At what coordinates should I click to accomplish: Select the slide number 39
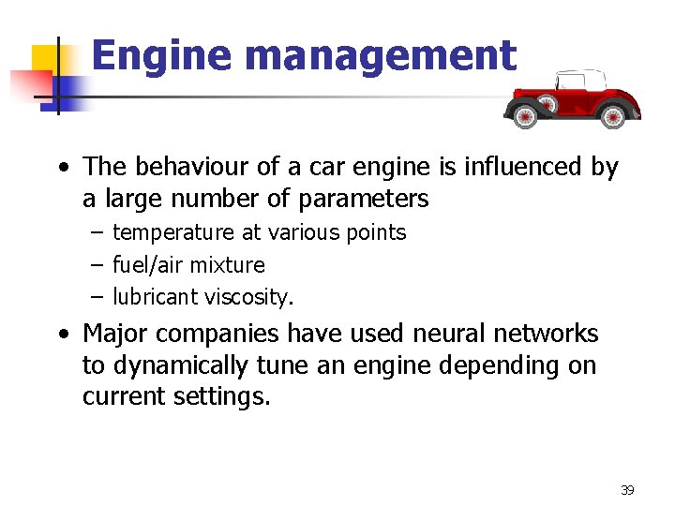coord(627,489)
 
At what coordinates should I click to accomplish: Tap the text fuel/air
coord(149,265)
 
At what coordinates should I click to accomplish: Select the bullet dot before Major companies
coord(63,335)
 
